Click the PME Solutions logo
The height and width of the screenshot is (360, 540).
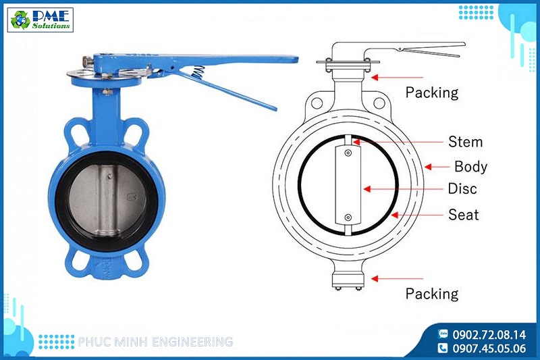40,20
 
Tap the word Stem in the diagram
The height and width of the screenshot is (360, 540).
465,142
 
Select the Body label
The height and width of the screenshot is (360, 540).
470,166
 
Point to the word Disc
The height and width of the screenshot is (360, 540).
462,188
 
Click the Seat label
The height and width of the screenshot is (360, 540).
463,215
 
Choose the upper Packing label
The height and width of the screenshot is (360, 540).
432,93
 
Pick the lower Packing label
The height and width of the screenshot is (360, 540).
432,294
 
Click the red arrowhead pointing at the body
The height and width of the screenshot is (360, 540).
428,167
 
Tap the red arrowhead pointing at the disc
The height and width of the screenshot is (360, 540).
367,189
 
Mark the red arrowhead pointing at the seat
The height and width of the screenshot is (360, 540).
395,215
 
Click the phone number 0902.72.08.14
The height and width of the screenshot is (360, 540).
489,334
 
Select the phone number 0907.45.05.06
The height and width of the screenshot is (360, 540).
489,349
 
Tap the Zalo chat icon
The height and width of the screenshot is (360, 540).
443,334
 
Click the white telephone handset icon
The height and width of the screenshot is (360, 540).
443,348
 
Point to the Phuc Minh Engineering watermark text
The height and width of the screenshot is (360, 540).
156,342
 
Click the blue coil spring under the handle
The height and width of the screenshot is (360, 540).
198,72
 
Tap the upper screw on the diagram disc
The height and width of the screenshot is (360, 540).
348,153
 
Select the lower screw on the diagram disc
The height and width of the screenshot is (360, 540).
348,217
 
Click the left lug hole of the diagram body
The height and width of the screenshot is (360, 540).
317,102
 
